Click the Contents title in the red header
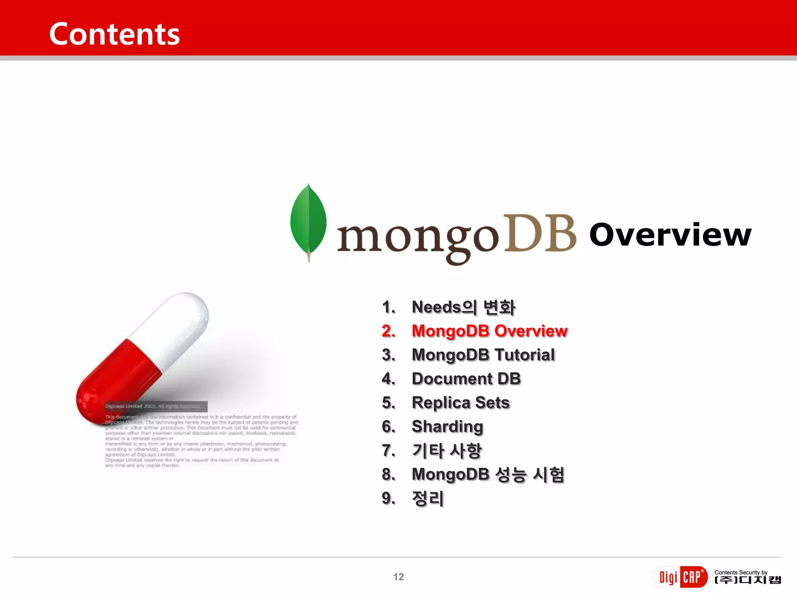pyautogui.click(x=114, y=34)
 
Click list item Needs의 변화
pyautogui.click(x=463, y=307)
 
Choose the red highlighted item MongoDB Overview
pyautogui.click(x=490, y=331)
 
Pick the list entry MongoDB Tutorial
pyautogui.click(x=483, y=355)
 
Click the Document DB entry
pyautogui.click(x=466, y=379)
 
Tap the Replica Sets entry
pyautogui.click(x=461, y=403)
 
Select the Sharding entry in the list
pyautogui.click(x=448, y=427)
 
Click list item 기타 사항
pyautogui.click(x=447, y=451)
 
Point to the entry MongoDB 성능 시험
pyautogui.click(x=488, y=475)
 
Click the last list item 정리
pyautogui.click(x=428, y=499)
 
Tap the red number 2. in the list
pyautogui.click(x=388, y=331)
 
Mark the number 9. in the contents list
pyautogui.click(x=388, y=499)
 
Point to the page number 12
pyautogui.click(x=398, y=577)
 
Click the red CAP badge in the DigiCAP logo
pyautogui.click(x=693, y=577)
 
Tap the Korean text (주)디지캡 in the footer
pyautogui.click(x=748, y=580)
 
